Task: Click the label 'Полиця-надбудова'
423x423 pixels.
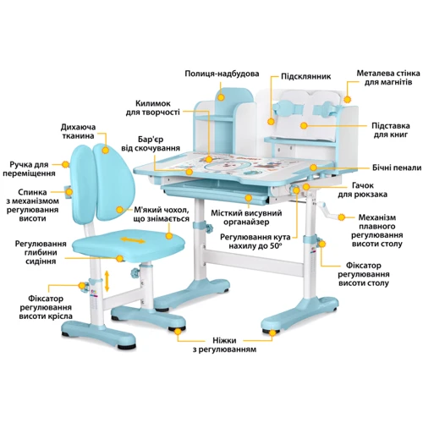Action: (222, 74)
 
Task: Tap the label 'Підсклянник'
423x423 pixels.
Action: (305, 76)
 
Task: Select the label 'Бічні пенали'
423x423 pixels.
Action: (397, 168)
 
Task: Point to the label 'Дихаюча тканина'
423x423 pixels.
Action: (78, 131)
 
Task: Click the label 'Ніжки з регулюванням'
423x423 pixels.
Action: (224, 345)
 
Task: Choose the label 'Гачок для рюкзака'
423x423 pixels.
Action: (362, 190)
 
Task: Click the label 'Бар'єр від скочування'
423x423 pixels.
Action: (151, 144)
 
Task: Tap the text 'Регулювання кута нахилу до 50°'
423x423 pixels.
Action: (255, 241)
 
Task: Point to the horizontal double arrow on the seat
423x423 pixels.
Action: (133, 240)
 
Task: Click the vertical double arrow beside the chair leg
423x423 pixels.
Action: (107, 281)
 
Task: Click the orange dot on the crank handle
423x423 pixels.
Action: (341, 217)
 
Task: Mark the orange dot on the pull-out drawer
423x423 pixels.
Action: (248, 198)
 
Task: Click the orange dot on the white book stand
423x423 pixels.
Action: (304, 125)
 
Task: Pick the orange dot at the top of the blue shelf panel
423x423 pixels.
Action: (221, 97)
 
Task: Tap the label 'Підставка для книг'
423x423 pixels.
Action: (391, 130)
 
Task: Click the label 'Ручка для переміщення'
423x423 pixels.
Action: (30, 168)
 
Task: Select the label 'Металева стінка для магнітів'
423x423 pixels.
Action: (388, 78)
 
